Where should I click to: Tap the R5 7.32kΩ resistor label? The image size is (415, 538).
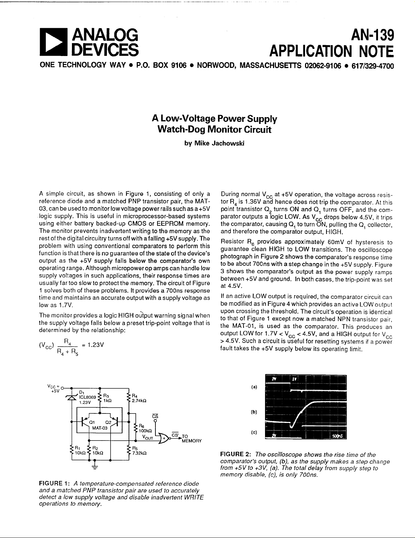pos(139,450)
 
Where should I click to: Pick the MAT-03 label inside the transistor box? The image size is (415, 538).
pos(100,428)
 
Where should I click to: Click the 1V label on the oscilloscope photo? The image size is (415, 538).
pos(295,379)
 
